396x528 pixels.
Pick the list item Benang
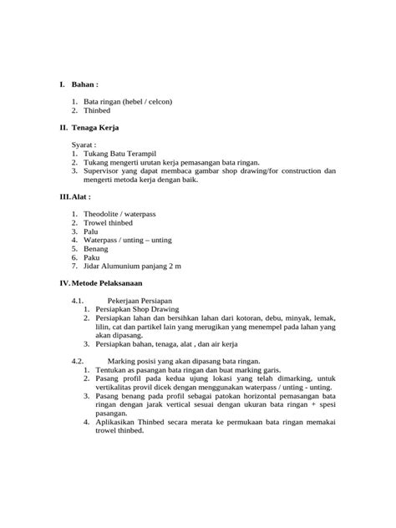tap(96, 249)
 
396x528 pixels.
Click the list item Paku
tap(92, 257)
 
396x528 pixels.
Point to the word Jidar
tap(94, 266)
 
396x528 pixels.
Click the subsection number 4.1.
tap(79, 301)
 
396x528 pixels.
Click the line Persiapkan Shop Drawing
tap(131, 309)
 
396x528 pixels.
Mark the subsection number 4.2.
tap(79, 361)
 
